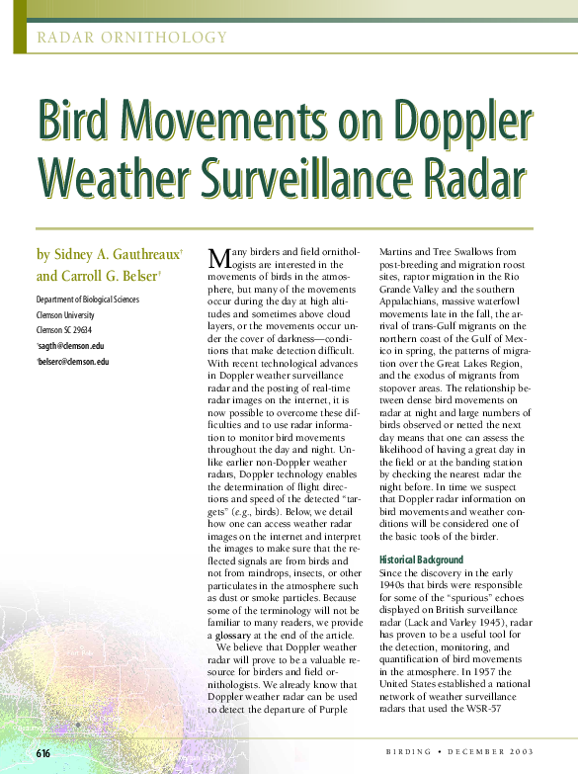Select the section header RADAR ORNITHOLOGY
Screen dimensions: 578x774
point(131,39)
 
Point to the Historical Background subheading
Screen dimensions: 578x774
point(421,559)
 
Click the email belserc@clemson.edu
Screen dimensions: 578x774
point(73,362)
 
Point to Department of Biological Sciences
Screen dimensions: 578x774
point(87,300)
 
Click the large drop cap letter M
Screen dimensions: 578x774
point(218,258)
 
